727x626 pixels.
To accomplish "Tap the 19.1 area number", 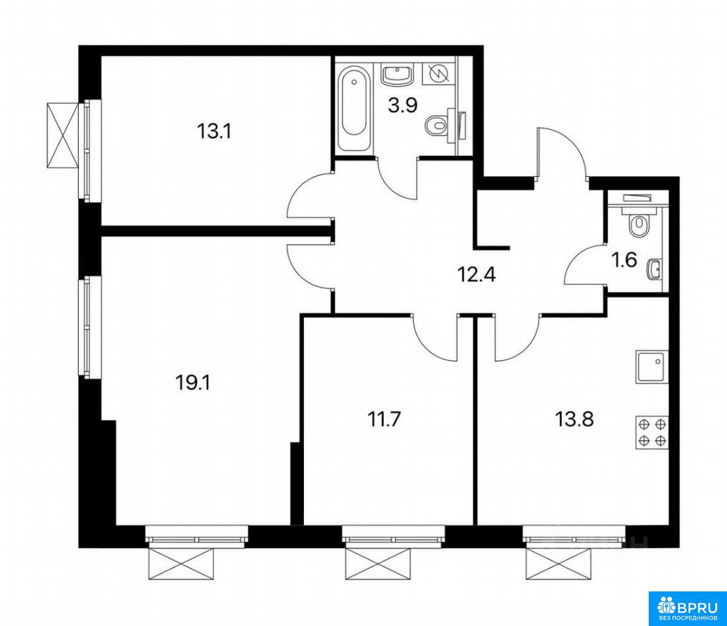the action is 193,383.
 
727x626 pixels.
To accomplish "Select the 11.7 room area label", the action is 384,420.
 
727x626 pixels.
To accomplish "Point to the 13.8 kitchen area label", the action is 574,420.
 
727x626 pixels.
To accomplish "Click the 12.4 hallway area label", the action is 477,275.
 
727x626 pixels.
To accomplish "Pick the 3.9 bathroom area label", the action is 403,105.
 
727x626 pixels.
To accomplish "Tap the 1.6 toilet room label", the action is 625,260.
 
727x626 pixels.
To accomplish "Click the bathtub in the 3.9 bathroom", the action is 354,108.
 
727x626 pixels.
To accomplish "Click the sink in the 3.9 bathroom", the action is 397,74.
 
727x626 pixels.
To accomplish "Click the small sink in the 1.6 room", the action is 655,269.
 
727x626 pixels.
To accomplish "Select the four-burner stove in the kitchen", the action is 652,432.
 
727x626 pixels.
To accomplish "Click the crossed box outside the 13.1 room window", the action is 62,135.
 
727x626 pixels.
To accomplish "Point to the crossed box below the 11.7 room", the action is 378,563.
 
